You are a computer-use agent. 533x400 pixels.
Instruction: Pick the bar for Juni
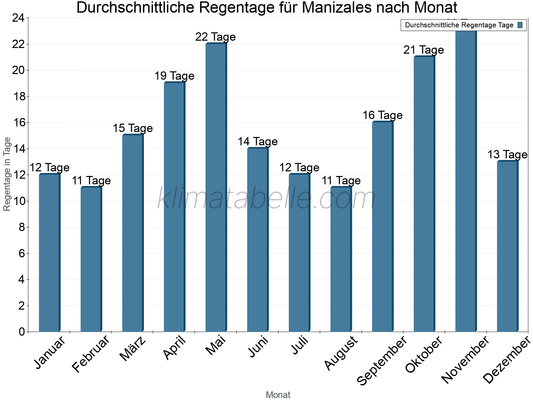258,240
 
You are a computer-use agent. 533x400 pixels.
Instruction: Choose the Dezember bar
507,247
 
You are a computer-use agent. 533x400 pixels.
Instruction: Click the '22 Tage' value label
216,37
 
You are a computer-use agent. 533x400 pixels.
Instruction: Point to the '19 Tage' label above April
174,76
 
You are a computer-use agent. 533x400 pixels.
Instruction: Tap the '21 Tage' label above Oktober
424,50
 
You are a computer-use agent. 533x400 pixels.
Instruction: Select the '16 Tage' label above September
382,115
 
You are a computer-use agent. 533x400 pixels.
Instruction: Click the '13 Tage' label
507,155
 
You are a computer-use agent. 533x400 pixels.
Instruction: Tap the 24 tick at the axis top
19,18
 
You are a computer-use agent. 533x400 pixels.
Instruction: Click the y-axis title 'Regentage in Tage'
7,174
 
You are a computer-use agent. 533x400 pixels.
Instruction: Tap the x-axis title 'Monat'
278,395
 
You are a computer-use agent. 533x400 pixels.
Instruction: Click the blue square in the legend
520,25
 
